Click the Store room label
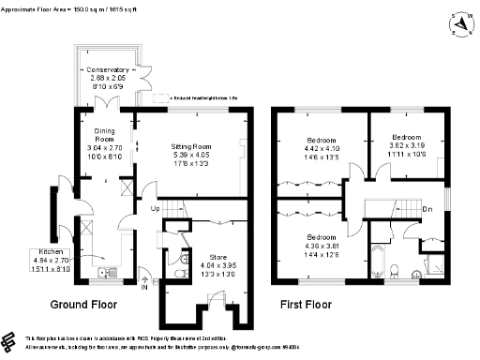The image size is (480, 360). (214, 258)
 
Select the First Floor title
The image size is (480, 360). (307, 306)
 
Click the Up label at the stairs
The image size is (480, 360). (155, 209)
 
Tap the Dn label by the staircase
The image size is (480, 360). (427, 208)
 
